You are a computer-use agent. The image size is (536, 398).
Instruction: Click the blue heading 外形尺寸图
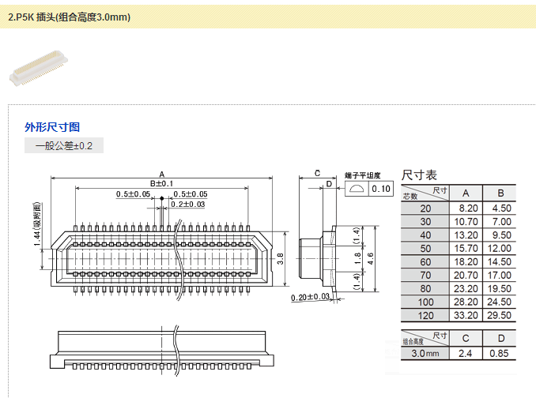coord(52,127)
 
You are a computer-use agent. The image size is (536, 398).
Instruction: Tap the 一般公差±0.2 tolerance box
coord(64,146)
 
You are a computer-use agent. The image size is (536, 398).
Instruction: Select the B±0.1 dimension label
coord(161,183)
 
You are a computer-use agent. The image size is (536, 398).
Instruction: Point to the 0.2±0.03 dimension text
coord(187,205)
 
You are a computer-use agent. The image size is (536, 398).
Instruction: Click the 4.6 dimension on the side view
coord(368,257)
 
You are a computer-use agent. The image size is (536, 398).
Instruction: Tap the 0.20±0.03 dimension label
coord(310,297)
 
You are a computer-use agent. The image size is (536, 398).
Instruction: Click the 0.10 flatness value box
coord(381,189)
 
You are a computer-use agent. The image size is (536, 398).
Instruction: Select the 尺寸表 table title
coord(419,175)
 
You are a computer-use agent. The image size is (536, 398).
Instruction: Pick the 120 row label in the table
coord(426,315)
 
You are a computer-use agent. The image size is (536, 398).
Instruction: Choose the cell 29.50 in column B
coord(500,315)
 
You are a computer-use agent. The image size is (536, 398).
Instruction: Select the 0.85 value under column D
coord(500,352)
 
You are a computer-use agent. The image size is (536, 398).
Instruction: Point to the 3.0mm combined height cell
coord(425,352)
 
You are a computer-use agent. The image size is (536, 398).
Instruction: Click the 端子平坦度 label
coord(363,175)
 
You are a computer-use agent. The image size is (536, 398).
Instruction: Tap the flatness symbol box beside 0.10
coord(357,189)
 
